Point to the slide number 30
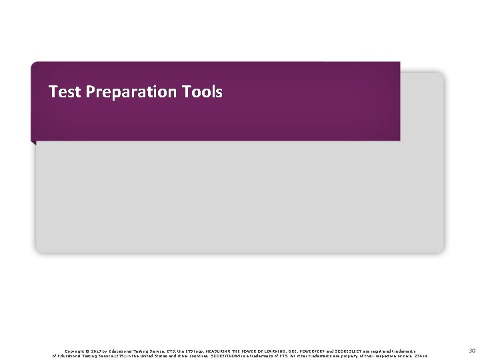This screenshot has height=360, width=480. [x=470, y=350]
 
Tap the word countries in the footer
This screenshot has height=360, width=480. [x=198, y=356]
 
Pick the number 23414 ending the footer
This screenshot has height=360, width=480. [x=421, y=356]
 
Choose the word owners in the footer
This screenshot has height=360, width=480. [x=401, y=356]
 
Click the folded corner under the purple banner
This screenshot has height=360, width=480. [x=33, y=141]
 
